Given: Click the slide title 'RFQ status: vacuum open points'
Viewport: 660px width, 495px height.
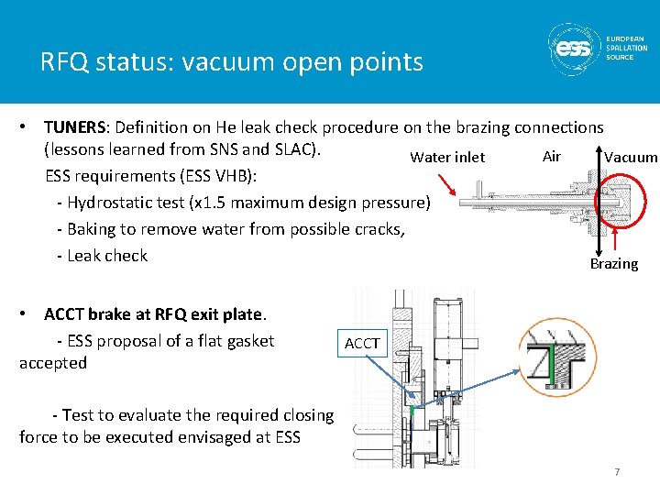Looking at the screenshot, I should [231, 62].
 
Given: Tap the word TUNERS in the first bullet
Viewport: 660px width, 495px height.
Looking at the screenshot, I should [76, 127].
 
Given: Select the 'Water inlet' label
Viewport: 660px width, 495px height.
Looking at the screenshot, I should [447, 157].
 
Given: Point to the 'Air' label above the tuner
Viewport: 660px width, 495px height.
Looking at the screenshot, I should [551, 156].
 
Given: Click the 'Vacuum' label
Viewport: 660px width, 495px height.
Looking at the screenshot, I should [630, 157].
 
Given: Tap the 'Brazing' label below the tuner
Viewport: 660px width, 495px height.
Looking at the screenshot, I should [613, 263].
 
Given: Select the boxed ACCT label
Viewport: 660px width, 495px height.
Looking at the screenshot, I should [361, 343].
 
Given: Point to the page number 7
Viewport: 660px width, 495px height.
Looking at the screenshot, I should [617, 472].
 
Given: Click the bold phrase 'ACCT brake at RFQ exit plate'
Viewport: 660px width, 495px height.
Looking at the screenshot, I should [154, 314].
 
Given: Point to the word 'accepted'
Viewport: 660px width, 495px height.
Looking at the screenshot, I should [53, 363].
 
